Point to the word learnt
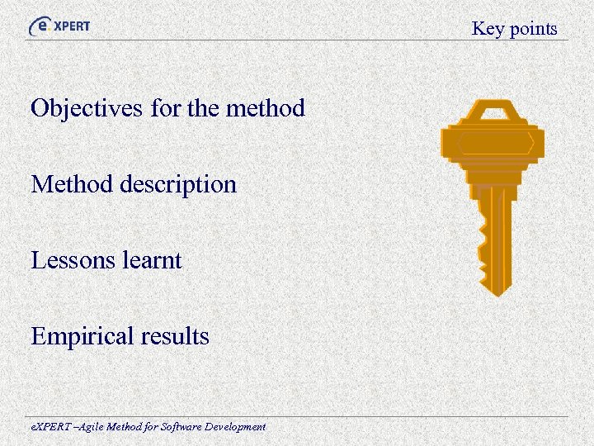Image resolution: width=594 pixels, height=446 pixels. tap(151, 260)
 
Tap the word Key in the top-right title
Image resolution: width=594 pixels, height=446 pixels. tap(487, 29)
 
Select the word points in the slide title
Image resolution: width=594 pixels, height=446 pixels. tap(532, 29)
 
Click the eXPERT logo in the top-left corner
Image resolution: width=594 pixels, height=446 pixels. tap(59, 26)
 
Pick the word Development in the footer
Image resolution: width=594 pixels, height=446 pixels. tap(235, 427)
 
